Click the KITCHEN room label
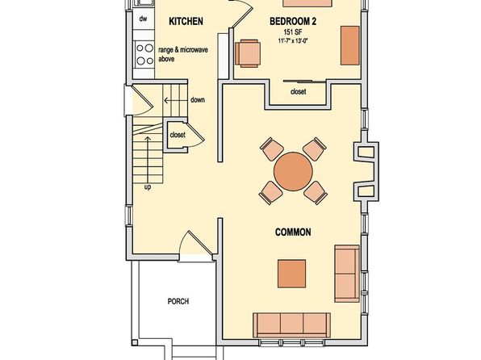(x=186, y=21)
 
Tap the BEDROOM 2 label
(x=293, y=21)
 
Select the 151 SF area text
(x=293, y=32)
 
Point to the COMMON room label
(x=293, y=232)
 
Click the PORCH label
(x=178, y=301)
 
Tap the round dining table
(x=293, y=172)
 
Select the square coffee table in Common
(x=291, y=274)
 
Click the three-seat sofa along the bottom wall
(x=291, y=325)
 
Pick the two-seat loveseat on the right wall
(x=347, y=274)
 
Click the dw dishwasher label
(x=143, y=19)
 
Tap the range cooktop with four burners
(x=144, y=54)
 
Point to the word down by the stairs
(x=198, y=100)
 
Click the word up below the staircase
(x=148, y=187)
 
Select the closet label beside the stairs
(x=178, y=135)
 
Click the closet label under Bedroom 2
(x=298, y=91)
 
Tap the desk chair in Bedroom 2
(x=248, y=53)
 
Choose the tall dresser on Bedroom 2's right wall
(x=350, y=45)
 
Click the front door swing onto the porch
(x=195, y=245)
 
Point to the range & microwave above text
(x=183, y=54)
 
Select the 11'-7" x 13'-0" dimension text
(x=293, y=40)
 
